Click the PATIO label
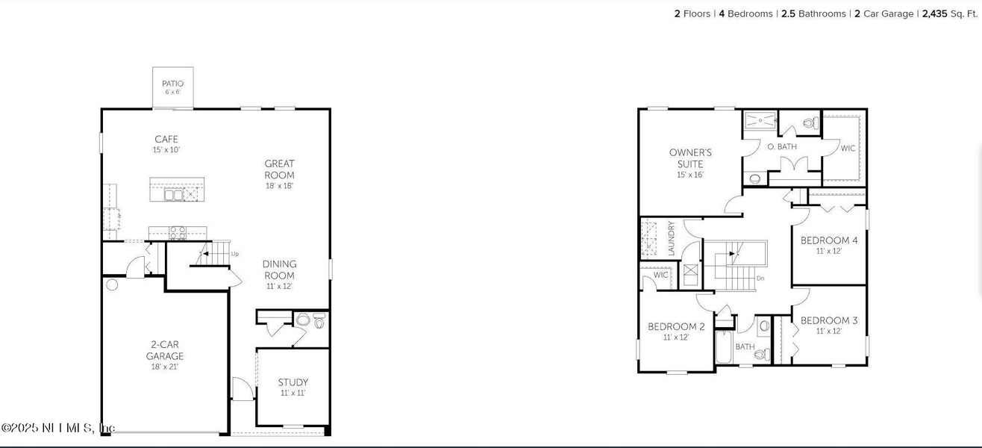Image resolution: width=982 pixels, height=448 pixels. click(172, 84)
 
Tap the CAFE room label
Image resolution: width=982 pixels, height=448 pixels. click(166, 140)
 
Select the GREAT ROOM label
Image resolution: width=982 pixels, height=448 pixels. click(279, 169)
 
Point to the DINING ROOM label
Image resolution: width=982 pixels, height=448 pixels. click(279, 270)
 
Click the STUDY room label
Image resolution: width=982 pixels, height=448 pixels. click(293, 382)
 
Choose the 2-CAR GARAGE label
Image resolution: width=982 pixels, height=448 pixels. click(164, 350)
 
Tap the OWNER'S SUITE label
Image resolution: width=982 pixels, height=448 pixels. click(690, 158)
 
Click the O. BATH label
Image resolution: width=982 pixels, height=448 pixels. click(782, 147)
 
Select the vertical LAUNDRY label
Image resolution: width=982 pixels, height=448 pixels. click(672, 238)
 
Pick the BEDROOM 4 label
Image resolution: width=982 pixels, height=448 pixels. click(828, 240)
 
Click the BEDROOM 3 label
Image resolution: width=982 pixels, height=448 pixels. click(828, 321)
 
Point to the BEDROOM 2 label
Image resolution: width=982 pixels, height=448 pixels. click(676, 326)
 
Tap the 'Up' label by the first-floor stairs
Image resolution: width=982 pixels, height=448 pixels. click(235, 254)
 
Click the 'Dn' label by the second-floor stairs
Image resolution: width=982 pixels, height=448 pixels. click(760, 279)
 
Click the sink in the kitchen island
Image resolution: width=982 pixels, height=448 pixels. click(174, 194)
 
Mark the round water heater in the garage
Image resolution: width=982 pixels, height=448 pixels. click(112, 284)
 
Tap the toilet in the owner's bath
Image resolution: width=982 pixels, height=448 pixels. click(809, 122)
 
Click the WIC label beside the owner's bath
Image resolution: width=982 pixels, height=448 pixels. click(848, 149)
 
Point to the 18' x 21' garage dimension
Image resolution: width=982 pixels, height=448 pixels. click(164, 367)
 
